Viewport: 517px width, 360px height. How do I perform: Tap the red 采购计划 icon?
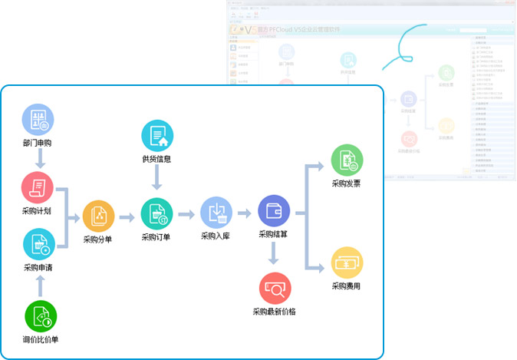[38, 187]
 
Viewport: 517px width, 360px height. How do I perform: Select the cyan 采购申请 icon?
[38, 243]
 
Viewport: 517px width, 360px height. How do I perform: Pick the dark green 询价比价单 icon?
[40, 315]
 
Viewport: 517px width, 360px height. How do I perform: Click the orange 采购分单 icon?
[98, 216]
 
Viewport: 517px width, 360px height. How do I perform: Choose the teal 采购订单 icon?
[156, 213]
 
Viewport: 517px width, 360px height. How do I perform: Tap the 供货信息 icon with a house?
[157, 136]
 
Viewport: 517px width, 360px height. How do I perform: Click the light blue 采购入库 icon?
[216, 213]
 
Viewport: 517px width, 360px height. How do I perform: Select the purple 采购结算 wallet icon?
[274, 211]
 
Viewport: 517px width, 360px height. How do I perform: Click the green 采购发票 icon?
[347, 160]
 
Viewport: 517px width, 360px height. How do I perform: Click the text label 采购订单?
[156, 237]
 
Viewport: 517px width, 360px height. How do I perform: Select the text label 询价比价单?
[41, 339]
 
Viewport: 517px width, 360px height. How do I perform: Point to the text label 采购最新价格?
[274, 312]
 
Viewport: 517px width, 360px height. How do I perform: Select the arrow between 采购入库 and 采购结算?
[245, 213]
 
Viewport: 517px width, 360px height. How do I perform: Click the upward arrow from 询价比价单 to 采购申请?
[40, 286]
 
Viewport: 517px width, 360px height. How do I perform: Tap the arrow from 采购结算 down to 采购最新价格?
[274, 254]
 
